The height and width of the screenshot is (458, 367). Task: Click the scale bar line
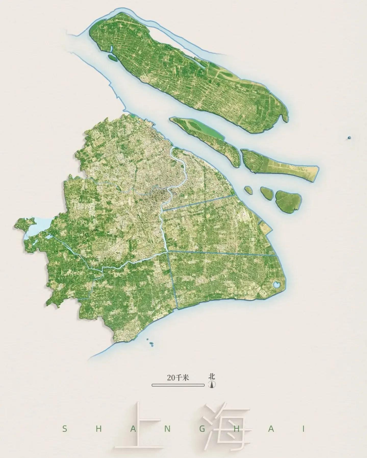(x=178, y=392)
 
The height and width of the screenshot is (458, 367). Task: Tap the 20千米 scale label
(x=178, y=385)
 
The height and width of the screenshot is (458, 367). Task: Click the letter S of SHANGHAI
(x=65, y=429)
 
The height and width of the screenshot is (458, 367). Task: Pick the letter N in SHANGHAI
(x=167, y=429)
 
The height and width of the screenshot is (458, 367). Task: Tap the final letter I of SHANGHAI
(x=303, y=429)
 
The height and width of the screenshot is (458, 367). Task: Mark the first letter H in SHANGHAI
(x=99, y=429)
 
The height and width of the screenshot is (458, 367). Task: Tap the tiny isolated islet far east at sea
(x=349, y=138)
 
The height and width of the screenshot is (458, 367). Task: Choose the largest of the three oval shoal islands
(x=288, y=201)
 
